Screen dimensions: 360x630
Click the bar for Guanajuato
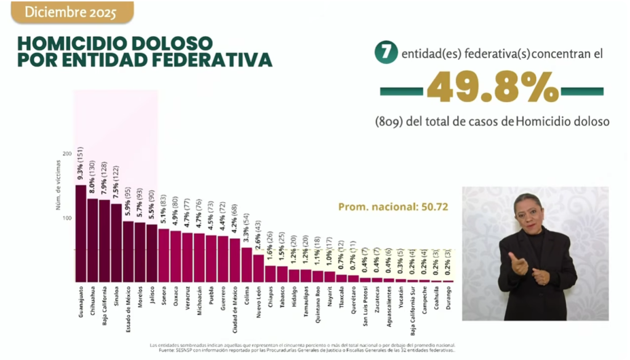point(81,234)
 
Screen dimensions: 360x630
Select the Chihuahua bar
point(92,241)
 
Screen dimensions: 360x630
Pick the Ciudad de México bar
point(234,260)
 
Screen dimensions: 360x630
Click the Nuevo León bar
point(258,268)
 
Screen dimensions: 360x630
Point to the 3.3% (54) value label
point(247,225)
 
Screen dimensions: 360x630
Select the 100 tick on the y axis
point(66,218)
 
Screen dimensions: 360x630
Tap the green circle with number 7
point(385,54)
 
